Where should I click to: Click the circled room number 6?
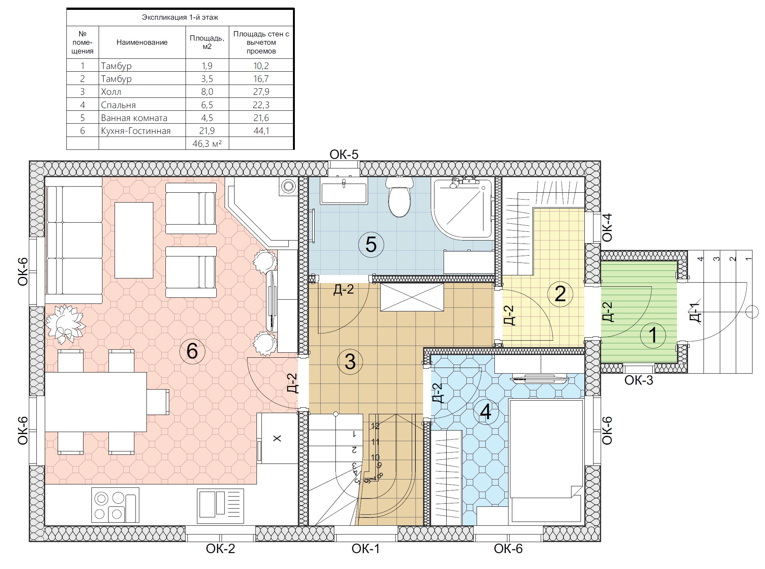click(192, 351)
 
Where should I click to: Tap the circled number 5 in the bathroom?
click(371, 245)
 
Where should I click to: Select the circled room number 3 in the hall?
click(350, 362)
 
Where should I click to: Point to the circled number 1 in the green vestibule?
click(653, 335)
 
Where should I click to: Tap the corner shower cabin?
click(463, 208)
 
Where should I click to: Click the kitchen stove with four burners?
click(115, 505)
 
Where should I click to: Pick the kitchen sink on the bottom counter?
click(220, 506)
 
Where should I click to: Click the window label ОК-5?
click(344, 154)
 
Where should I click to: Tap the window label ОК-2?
click(220, 549)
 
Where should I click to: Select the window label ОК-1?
click(365, 549)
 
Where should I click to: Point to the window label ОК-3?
click(639, 380)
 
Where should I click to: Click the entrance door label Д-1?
click(695, 312)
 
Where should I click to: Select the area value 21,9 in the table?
click(207, 131)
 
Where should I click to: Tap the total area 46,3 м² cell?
click(207, 144)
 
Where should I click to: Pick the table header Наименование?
click(142, 42)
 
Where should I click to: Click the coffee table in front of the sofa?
click(134, 240)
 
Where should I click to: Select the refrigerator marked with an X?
click(277, 438)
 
